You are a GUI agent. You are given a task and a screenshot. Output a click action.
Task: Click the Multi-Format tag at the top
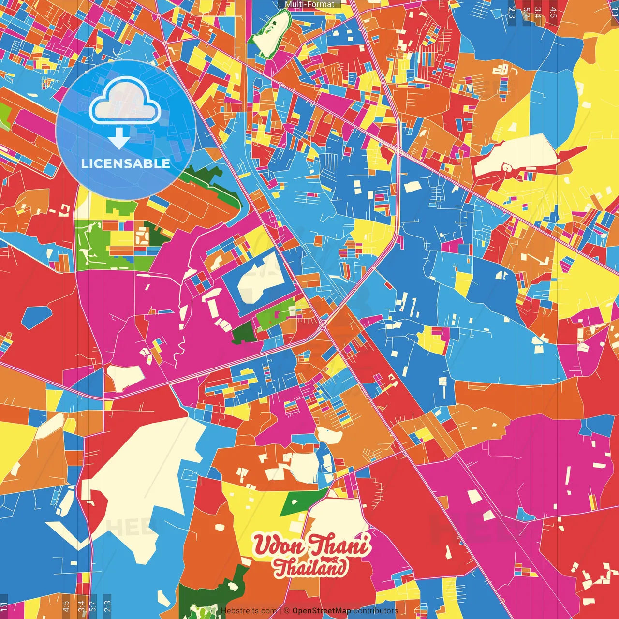coord(309,4)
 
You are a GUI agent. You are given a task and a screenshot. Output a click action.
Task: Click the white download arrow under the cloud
coord(118,138)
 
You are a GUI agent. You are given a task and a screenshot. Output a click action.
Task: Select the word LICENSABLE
coord(125,163)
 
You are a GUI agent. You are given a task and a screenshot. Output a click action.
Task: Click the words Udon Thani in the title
coord(311,545)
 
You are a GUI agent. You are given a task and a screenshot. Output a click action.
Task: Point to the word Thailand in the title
coord(310,567)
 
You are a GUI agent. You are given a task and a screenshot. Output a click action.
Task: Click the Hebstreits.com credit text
coord(249,611)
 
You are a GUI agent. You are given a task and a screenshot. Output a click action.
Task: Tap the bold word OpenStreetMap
coord(322,611)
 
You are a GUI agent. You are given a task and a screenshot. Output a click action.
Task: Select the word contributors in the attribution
coord(375,611)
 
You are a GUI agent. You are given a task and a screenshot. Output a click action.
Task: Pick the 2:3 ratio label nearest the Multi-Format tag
coord(511,10)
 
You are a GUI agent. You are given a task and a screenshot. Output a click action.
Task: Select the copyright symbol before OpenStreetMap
coord(287,611)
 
